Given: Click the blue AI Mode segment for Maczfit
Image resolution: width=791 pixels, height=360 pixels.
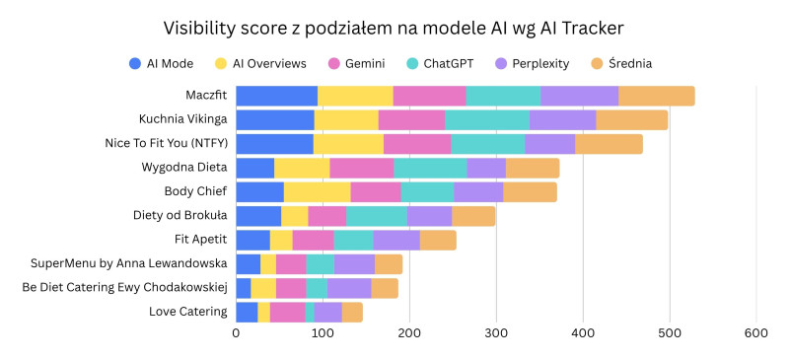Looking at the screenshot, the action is pos(276,96).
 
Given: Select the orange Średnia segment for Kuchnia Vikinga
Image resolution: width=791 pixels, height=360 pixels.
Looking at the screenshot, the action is pos(631,120).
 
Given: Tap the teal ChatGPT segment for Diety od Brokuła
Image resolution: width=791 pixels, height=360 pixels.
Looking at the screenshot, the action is pos(377,216).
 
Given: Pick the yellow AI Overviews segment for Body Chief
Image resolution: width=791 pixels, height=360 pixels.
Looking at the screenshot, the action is pos(318,192).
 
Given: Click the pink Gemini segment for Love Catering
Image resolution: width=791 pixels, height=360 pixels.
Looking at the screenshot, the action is pos(288,312).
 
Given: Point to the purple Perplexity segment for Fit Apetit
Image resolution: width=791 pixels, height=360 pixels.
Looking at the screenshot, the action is pos(396,240).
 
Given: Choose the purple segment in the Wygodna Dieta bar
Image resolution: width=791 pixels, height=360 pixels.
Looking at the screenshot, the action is pos(486,168).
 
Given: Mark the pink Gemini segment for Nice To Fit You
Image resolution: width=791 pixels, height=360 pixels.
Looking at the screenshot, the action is pos(417,144).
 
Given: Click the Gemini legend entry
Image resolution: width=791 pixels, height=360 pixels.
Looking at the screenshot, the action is pos(356,64).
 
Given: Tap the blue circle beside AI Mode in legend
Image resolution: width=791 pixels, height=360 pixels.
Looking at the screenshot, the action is pos(135,64).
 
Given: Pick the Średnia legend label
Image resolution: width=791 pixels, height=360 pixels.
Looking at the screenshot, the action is pos(629,63).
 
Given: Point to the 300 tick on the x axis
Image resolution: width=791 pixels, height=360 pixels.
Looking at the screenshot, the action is pos(496,333).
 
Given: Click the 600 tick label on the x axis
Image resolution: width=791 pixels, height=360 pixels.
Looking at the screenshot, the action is pos(756,333).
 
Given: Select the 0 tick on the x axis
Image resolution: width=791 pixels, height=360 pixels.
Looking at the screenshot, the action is pos(236,333).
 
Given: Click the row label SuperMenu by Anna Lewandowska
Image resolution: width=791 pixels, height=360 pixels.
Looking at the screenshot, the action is pos(128,263).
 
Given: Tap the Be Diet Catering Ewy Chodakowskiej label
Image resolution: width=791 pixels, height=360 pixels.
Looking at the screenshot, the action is pos(124,287).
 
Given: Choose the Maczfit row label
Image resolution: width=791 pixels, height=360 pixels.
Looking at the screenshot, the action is pos(206,95).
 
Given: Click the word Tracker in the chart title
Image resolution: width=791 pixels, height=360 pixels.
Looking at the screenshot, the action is pos(597,29).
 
